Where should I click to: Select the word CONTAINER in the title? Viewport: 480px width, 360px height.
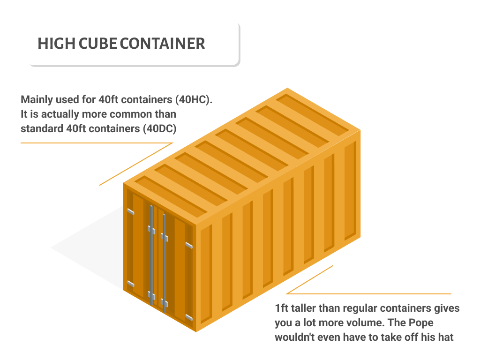coord(162,44)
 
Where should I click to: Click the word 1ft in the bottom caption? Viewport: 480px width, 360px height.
coord(282,308)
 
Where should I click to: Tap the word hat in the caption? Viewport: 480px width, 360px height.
coord(446,337)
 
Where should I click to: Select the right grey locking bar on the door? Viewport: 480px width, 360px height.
coord(164,262)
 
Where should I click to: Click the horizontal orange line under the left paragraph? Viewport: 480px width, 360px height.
coord(94,142)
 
